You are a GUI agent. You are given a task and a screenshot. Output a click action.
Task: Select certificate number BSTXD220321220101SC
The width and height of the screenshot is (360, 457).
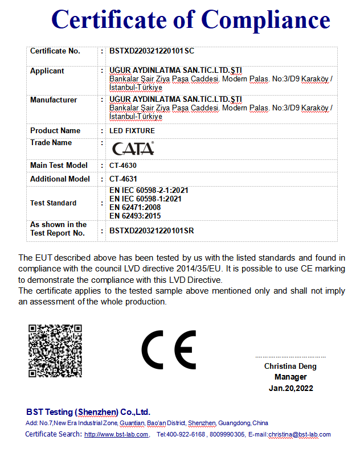[152, 51]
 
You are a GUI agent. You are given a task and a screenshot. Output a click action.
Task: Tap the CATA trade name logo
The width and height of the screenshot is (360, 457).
[132, 149]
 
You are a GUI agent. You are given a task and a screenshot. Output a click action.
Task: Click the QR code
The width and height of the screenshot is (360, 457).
[55, 351]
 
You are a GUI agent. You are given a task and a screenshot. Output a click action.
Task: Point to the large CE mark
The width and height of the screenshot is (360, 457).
[169, 349]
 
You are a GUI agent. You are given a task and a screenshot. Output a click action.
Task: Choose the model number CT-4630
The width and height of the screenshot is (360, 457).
[123, 166]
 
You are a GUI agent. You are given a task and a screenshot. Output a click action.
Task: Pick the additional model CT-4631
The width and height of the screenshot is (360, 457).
[123, 179]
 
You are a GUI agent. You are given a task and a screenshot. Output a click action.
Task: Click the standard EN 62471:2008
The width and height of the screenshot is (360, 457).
[134, 208]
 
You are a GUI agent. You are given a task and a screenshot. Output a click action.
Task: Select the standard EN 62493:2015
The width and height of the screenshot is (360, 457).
[134, 216]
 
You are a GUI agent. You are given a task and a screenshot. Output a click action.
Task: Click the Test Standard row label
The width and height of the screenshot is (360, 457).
[53, 203]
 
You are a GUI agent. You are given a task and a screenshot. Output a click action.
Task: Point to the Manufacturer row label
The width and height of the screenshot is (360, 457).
[54, 100]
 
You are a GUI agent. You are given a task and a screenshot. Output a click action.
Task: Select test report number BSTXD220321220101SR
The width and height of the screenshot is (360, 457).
[152, 231]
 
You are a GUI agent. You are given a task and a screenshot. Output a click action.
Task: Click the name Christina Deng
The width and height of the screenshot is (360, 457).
[290, 367]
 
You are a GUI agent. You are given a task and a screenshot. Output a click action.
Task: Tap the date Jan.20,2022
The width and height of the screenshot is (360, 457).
[291, 389]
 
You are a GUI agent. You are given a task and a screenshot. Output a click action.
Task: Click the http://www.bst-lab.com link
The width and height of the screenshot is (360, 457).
[117, 435]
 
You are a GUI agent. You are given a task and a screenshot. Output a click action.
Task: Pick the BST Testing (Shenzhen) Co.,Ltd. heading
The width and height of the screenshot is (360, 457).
[88, 412]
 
